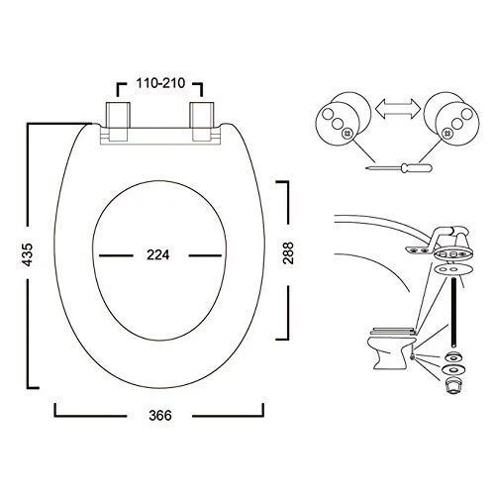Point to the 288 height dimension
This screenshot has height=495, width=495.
pos(287,254)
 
